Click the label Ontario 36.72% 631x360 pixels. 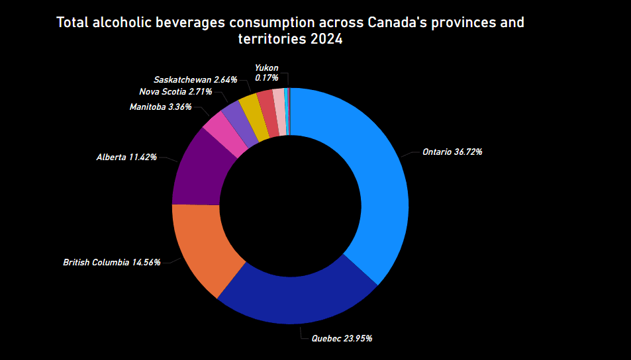452,152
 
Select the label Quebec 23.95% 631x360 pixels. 342,338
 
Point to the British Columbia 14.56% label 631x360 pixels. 112,262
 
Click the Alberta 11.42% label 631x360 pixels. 126,157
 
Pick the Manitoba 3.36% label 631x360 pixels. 161,107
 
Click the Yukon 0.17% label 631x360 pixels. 266,73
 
